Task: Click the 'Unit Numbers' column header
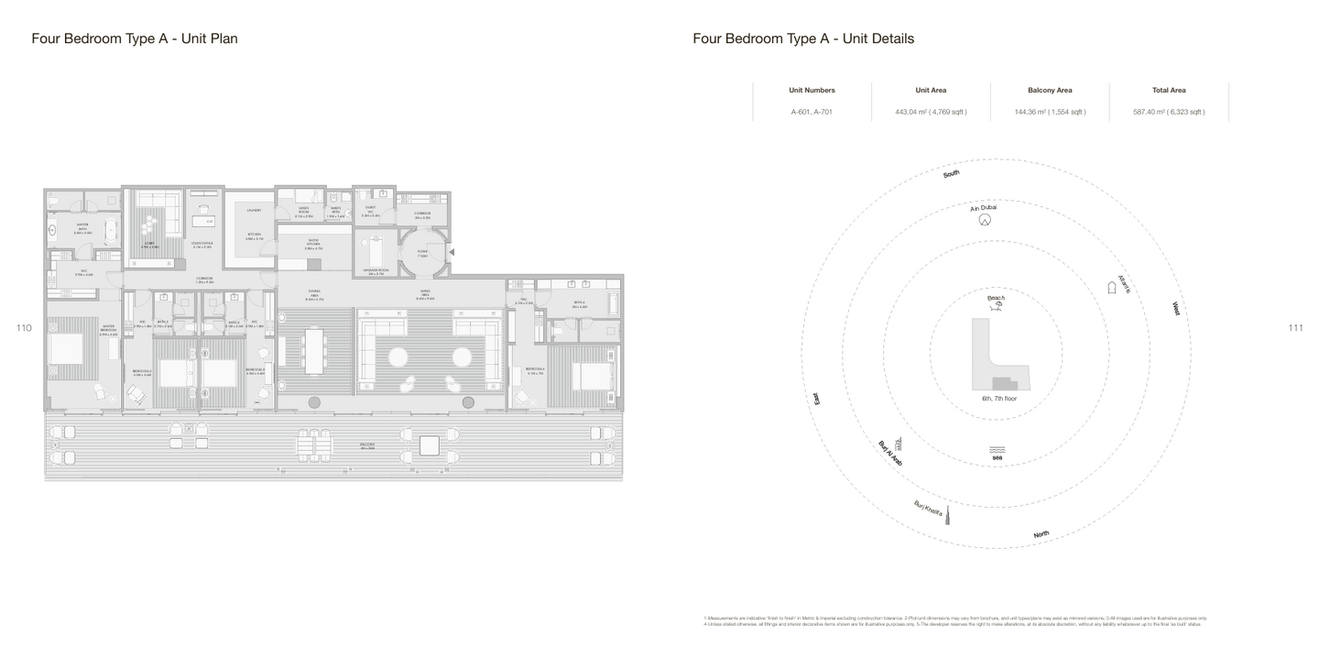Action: tap(812, 90)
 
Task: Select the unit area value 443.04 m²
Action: tap(931, 112)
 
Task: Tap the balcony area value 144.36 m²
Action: tap(1050, 112)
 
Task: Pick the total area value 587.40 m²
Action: tap(1169, 112)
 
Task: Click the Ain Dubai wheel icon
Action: tap(985, 220)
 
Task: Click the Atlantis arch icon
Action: tap(1112, 288)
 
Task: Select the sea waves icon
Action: tap(997, 449)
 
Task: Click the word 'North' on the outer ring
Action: tap(1041, 534)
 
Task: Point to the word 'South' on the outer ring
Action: tap(952, 173)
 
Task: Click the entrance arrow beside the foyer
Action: tap(451, 251)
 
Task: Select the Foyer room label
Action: tap(422, 251)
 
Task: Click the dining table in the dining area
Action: tap(314, 350)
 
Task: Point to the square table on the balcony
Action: tap(429, 446)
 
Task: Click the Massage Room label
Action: tap(373, 272)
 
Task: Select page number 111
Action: tap(1295, 328)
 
